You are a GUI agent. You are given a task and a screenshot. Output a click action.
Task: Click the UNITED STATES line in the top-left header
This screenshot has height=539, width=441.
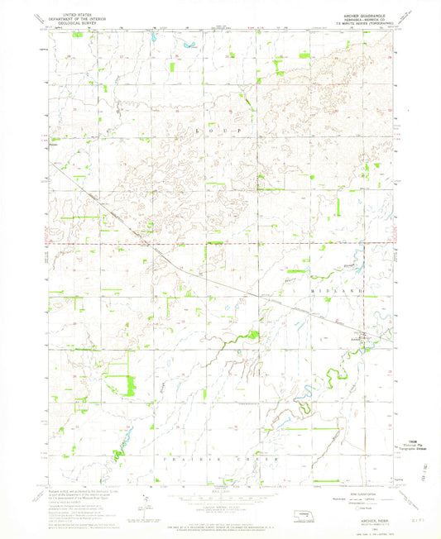point(70,12)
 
